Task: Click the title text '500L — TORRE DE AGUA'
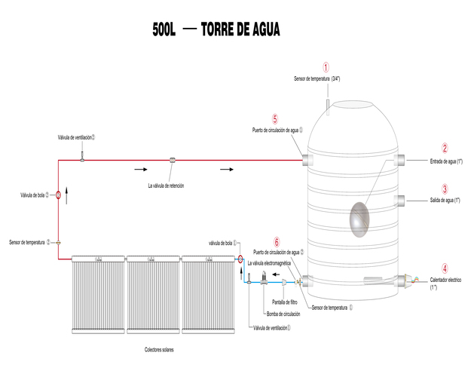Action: pos(216,29)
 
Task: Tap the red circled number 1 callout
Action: pos(326,67)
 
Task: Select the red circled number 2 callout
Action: pos(445,149)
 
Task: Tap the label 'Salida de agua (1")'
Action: pos(445,200)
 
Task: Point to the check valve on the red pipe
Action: pos(173,160)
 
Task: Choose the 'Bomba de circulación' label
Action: pos(283,314)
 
